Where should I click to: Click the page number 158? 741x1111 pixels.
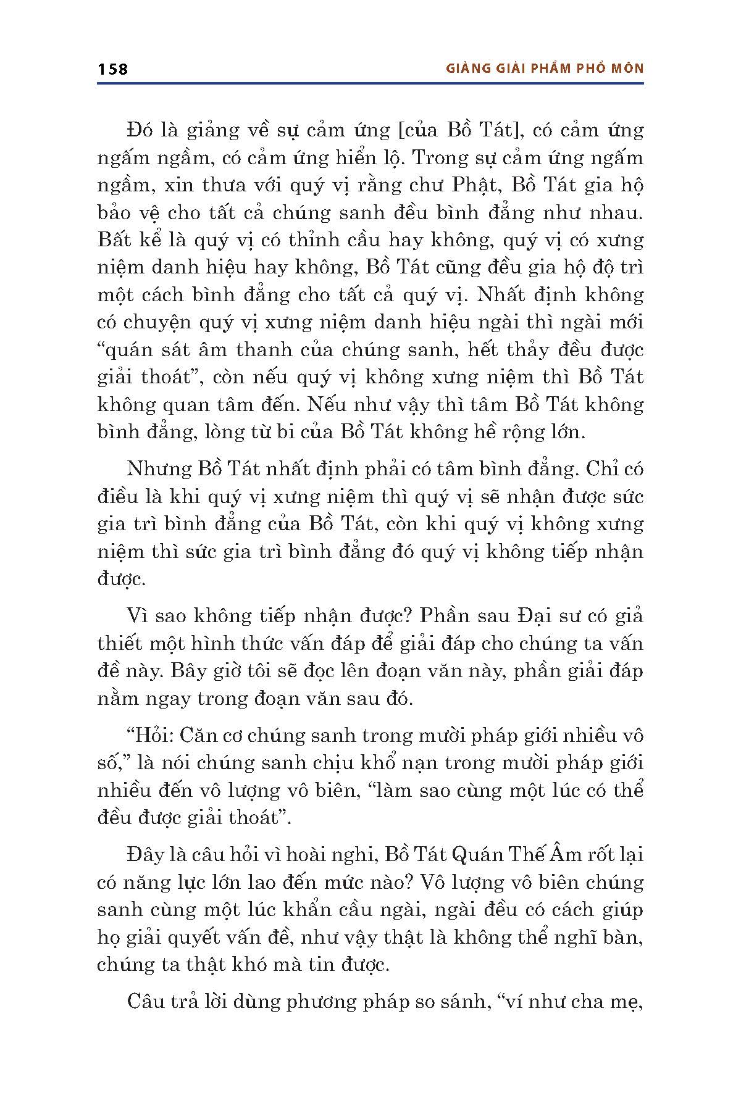(x=112, y=69)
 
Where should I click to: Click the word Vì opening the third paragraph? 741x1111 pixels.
(x=138, y=615)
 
